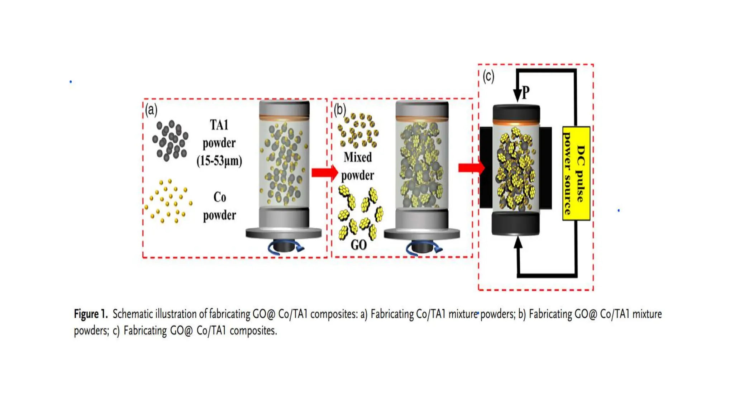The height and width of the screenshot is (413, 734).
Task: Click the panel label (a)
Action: (151, 110)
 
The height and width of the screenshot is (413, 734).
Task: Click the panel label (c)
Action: (488, 76)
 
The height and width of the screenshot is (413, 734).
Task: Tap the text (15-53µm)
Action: (219, 161)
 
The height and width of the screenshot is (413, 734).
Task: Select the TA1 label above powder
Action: (219, 125)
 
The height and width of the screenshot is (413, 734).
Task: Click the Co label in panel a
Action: (219, 197)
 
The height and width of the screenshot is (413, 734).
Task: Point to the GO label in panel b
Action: (358, 245)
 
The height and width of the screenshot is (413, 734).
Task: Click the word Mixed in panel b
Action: (358, 157)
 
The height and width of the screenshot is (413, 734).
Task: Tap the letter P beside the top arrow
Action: (525, 93)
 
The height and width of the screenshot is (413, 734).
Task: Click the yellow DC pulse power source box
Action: (576, 173)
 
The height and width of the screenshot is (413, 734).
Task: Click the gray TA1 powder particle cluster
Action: (170, 141)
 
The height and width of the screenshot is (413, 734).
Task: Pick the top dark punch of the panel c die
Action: (516, 112)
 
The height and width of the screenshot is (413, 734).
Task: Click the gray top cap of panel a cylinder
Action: (284, 108)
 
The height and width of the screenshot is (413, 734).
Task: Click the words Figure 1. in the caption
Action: (91, 314)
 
